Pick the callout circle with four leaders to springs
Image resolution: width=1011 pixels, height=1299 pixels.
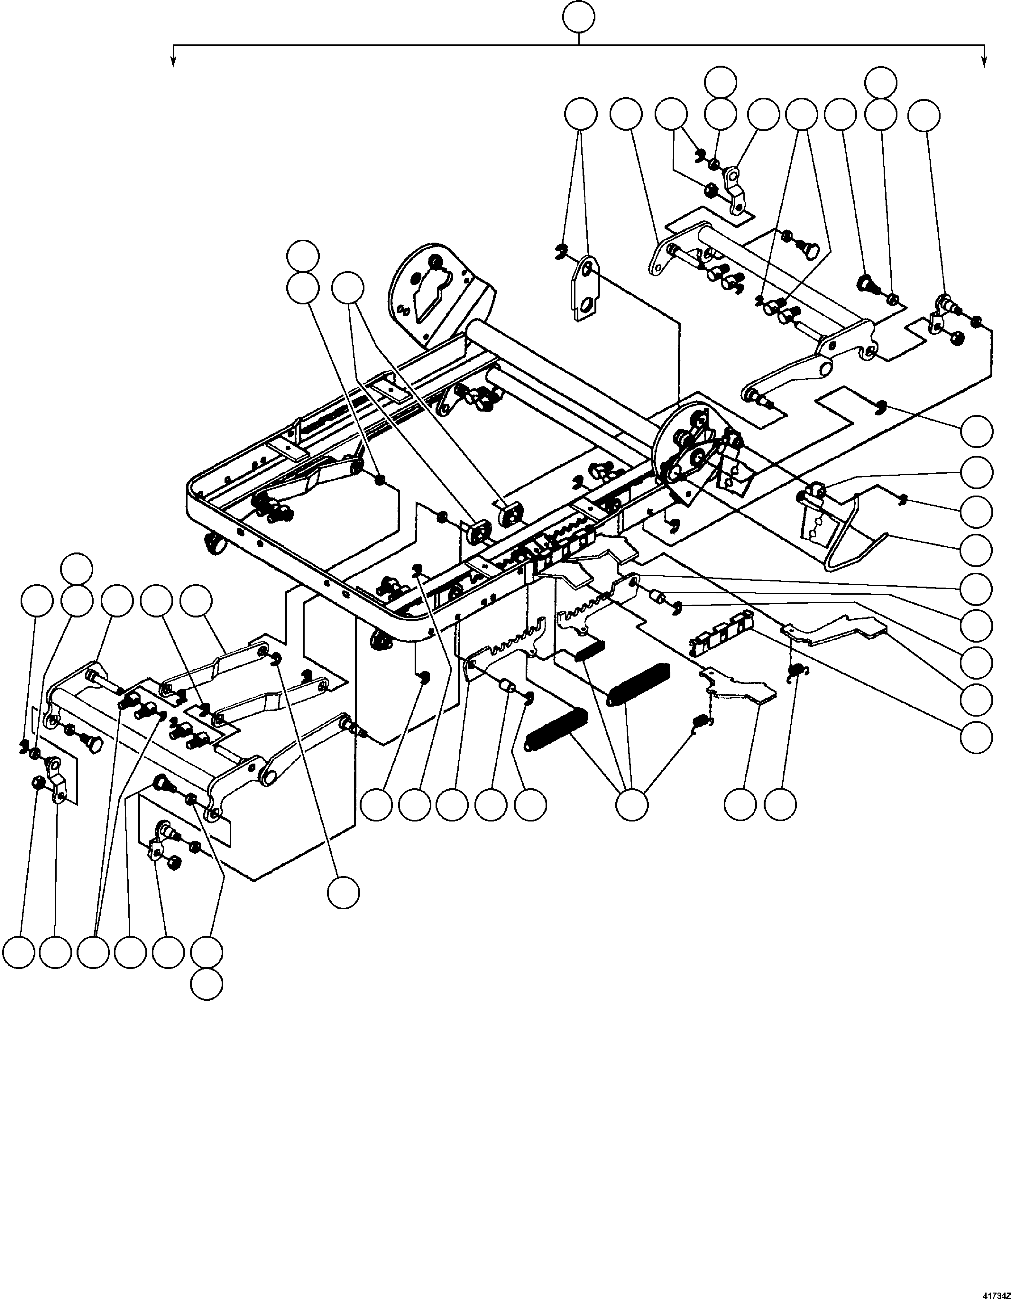click(631, 805)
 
